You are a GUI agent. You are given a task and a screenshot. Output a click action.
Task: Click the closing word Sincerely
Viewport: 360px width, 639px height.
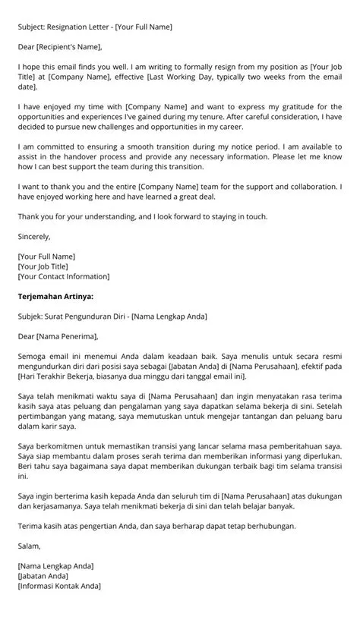tap(33, 237)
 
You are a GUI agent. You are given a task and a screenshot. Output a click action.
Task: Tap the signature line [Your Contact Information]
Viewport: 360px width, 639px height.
tap(63, 276)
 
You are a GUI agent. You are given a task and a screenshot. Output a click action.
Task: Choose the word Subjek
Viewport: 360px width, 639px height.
tap(31, 316)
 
